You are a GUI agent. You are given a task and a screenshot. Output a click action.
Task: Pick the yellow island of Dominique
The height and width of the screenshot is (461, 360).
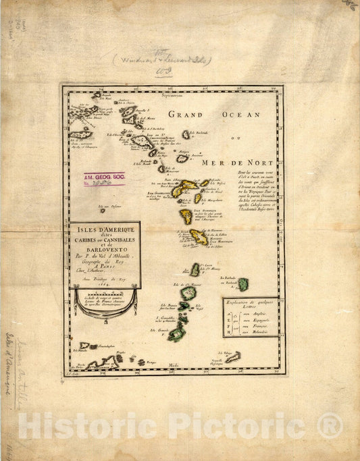186,216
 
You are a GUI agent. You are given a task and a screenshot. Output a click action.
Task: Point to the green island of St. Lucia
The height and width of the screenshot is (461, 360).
195,270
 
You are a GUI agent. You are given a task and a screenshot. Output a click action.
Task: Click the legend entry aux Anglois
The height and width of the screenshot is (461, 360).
253,315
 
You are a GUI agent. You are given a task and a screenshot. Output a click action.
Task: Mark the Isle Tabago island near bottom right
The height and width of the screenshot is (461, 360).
232,356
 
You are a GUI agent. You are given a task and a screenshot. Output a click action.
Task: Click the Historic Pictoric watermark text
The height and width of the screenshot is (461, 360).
180,425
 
